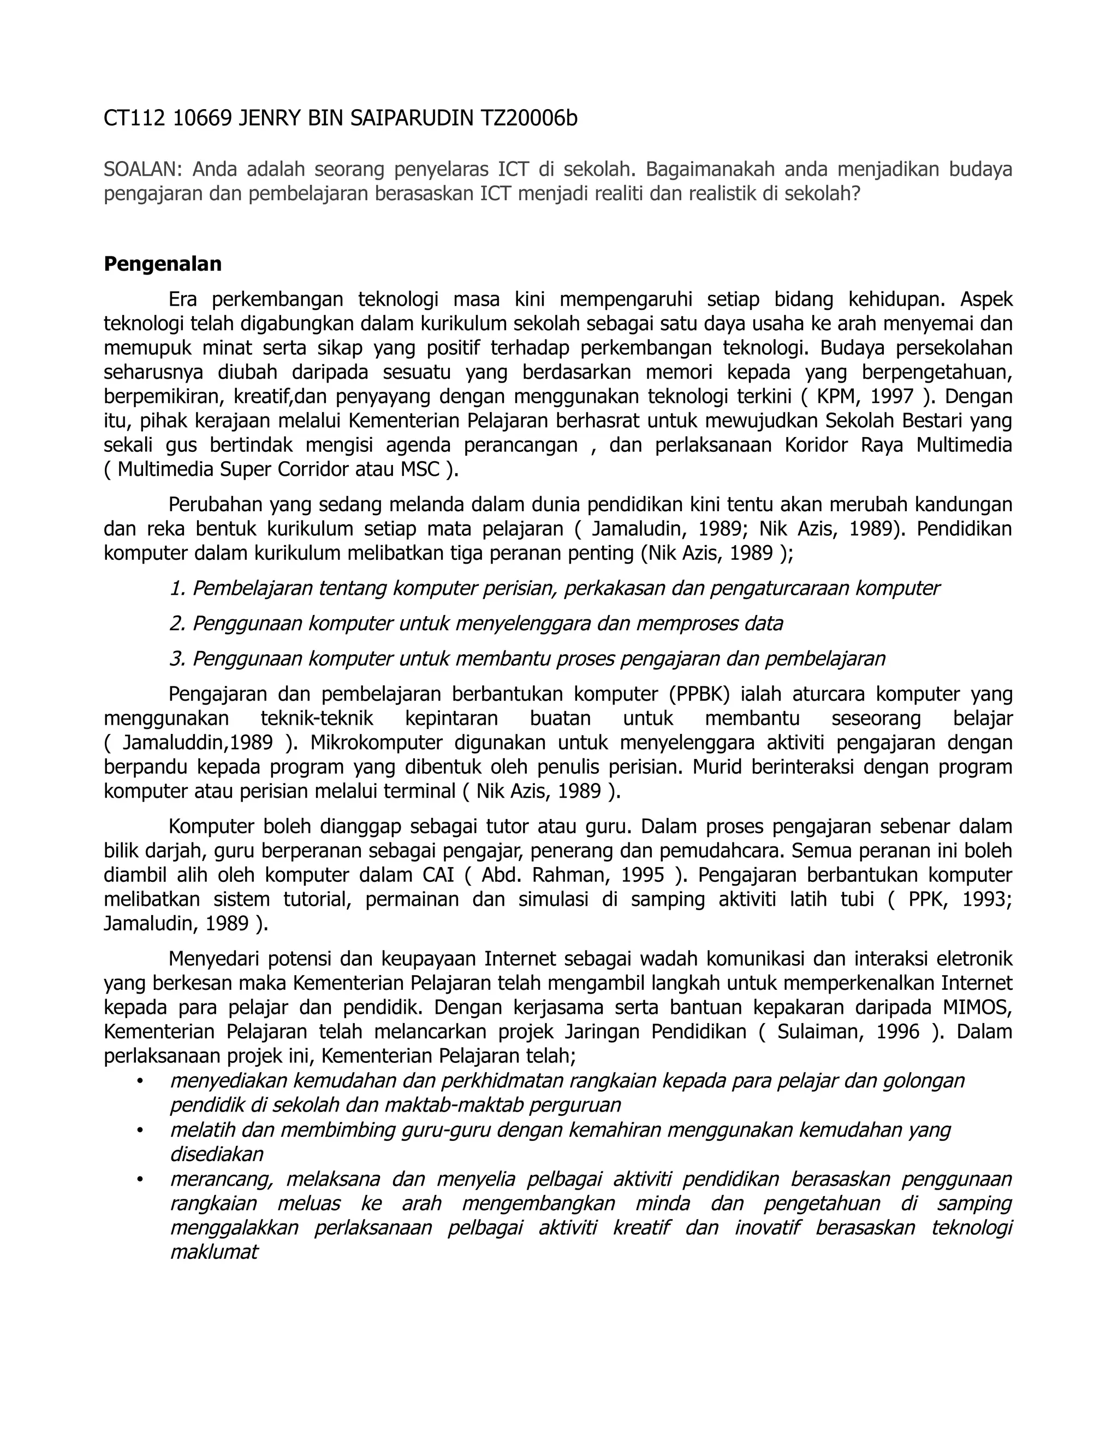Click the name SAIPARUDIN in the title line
[x=411, y=118]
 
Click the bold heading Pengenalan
[x=162, y=264]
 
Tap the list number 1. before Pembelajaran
[x=177, y=588]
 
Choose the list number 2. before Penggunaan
[x=177, y=623]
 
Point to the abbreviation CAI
[x=438, y=875]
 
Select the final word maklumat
[x=213, y=1252]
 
